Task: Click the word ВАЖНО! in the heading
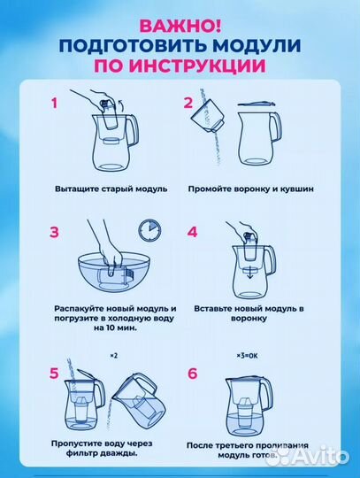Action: (x=180, y=25)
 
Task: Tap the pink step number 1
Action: (x=55, y=104)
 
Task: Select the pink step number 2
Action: (x=188, y=104)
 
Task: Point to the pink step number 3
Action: (x=55, y=234)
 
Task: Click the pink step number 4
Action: (x=192, y=234)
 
